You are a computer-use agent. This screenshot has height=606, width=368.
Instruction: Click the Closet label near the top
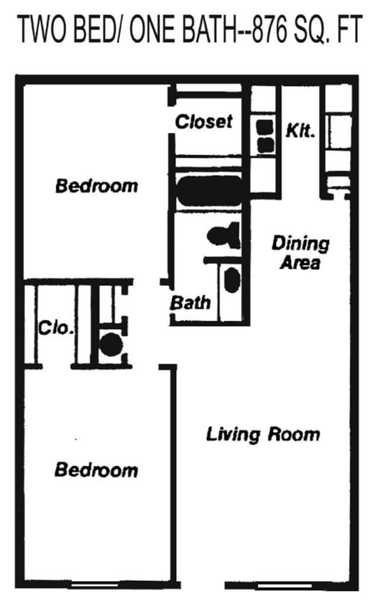click(204, 121)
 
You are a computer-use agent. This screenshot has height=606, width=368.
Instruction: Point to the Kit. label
click(300, 131)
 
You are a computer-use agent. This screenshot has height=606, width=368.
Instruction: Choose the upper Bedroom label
click(97, 186)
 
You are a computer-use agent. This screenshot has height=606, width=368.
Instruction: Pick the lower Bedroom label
click(96, 470)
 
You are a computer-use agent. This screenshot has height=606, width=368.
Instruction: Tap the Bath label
click(190, 302)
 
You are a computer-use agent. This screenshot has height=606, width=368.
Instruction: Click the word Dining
click(300, 243)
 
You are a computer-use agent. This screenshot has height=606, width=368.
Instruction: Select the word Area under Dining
click(300, 263)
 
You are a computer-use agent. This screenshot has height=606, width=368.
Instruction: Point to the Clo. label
click(56, 329)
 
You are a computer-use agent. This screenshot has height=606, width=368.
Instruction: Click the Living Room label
click(263, 434)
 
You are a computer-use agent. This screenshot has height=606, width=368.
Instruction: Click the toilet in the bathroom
click(224, 235)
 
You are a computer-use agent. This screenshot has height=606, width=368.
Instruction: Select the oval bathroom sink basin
click(231, 280)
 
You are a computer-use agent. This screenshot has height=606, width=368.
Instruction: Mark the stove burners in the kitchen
click(265, 137)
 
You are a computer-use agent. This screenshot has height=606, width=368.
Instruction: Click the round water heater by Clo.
click(111, 346)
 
